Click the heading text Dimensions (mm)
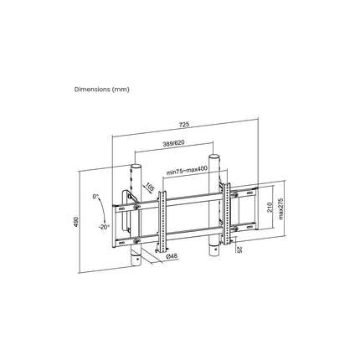102,90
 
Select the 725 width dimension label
184,124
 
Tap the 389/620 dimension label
173,143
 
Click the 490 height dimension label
76,222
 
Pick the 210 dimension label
270,207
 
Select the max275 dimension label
280,208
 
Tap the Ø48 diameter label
172,255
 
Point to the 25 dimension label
239,249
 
